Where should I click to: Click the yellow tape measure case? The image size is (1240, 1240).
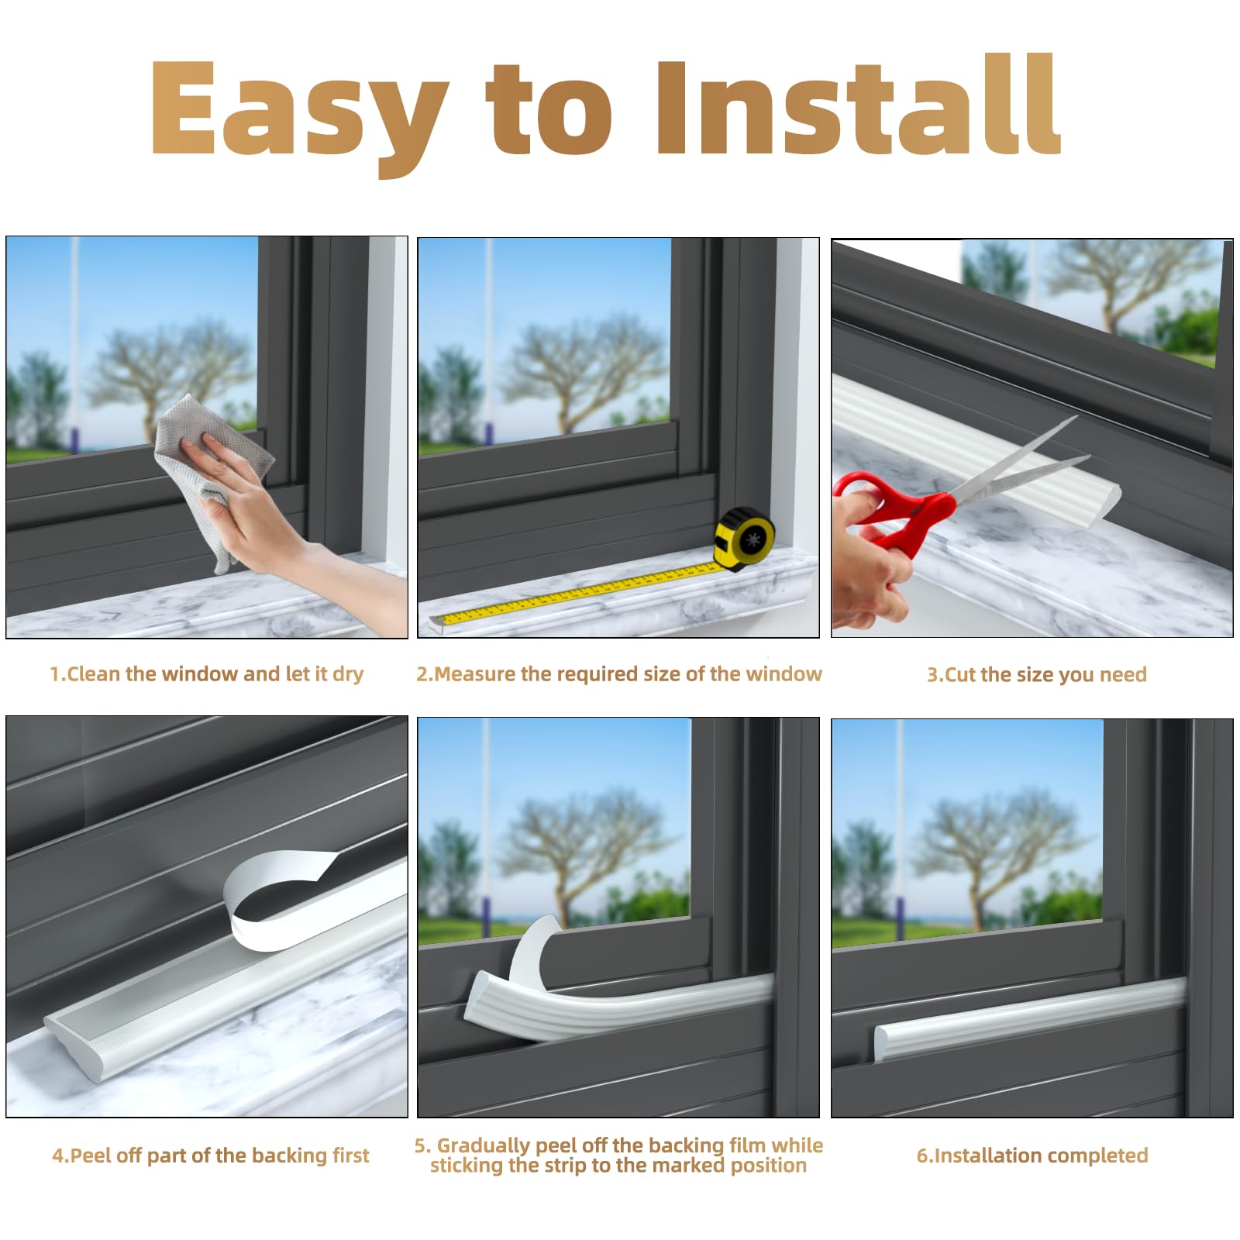coord(745,538)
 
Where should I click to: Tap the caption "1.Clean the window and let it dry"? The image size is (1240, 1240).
coord(207,673)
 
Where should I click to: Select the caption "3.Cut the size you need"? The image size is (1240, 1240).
coord(1037,674)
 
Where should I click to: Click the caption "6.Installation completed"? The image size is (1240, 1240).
coord(1032,1156)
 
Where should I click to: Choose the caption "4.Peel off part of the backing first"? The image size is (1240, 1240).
coord(211,1156)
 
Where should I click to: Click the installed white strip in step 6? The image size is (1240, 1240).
coord(1031,1017)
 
